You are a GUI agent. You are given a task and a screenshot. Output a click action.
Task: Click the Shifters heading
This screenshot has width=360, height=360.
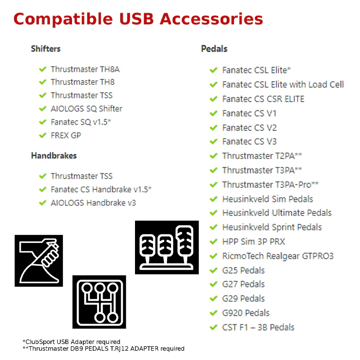pyautogui.click(x=46, y=49)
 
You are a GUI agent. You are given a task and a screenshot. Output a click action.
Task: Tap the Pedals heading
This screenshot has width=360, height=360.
pyautogui.click(x=214, y=49)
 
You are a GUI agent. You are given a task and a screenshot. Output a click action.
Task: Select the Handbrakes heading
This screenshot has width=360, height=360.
pyautogui.click(x=54, y=156)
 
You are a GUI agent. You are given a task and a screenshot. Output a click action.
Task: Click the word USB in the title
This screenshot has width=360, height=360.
pyautogui.click(x=136, y=19)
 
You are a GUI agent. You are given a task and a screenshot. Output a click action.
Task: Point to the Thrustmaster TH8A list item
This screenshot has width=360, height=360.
pyautogui.click(x=85, y=69)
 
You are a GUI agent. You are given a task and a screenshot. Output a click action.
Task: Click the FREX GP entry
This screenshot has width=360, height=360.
pyautogui.click(x=66, y=135)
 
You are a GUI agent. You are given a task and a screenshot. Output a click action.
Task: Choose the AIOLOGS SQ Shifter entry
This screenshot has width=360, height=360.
pyautogui.click(x=86, y=108)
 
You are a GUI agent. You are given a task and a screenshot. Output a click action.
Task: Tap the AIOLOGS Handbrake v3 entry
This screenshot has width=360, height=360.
pyautogui.click(x=94, y=203)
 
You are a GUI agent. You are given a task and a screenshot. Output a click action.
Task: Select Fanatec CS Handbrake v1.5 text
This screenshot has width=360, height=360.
pyautogui.click(x=101, y=189)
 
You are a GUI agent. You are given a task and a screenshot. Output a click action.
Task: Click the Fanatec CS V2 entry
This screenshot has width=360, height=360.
pyautogui.click(x=250, y=128)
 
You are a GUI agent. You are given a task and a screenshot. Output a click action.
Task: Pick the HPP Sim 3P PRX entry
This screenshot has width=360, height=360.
pyautogui.click(x=254, y=242)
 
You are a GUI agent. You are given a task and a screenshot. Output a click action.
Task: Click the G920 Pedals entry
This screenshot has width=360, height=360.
pyautogui.click(x=246, y=313)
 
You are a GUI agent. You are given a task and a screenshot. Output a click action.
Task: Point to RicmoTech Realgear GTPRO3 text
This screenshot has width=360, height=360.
pyautogui.click(x=278, y=256)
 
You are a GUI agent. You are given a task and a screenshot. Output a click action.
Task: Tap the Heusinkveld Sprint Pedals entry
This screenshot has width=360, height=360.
pyautogui.click(x=272, y=227)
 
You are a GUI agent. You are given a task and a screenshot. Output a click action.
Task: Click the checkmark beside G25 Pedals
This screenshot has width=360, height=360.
pyautogui.click(x=213, y=270)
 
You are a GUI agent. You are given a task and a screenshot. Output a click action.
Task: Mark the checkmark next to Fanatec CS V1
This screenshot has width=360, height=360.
pyautogui.click(x=213, y=113)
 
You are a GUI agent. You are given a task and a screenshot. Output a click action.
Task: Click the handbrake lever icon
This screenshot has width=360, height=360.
pyautogui.click(x=39, y=261)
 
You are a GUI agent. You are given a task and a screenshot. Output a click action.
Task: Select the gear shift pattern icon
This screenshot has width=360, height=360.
pyautogui.click(x=99, y=302)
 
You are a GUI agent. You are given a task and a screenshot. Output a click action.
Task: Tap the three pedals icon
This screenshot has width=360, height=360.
pyautogui.click(x=167, y=247)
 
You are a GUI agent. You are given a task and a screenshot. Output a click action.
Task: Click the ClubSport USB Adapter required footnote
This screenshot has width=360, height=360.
pyautogui.click(x=72, y=342)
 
